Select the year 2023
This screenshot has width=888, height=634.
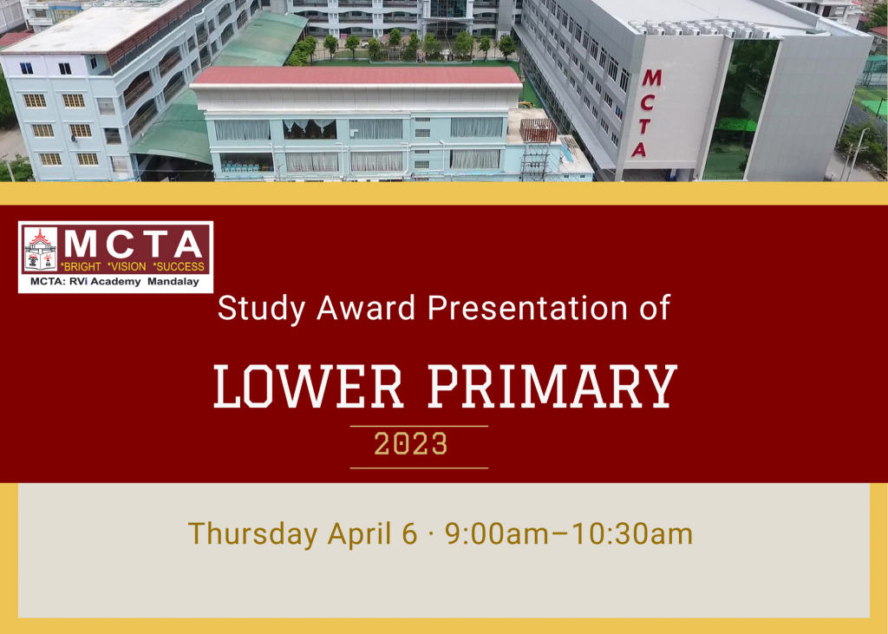click(410, 445)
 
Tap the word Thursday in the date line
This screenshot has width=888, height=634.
click(252, 533)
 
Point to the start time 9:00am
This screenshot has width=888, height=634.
click(497, 533)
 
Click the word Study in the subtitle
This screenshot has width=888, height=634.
click(254, 308)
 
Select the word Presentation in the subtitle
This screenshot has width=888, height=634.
click(523, 308)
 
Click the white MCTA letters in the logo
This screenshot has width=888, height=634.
click(134, 243)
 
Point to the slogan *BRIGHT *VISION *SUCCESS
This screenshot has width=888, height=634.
click(133, 266)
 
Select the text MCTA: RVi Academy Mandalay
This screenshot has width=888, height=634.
click(114, 281)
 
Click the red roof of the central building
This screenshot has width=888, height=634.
click(356, 75)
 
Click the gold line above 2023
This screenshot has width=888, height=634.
click(419, 426)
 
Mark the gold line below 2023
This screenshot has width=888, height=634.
click(419, 467)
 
